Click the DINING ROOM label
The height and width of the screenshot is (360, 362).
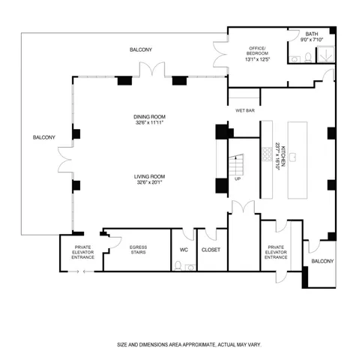click(150, 116)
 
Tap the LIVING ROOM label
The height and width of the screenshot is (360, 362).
click(150, 175)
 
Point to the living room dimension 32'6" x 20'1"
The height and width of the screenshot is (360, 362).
click(150, 181)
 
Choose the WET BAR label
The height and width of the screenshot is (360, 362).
click(244, 110)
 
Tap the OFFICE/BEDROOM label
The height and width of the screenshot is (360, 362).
click(259, 51)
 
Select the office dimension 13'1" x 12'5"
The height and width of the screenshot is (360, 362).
click(259, 59)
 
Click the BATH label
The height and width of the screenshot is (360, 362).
click(312, 34)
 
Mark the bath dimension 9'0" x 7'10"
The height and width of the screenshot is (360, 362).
click(312, 40)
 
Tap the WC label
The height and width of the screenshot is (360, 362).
click(184, 249)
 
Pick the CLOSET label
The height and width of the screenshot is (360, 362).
click(211, 249)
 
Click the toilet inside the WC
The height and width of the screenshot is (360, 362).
click(177, 265)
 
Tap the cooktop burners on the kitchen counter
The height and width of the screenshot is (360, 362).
click(265, 153)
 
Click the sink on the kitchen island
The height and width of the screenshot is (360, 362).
click(297, 156)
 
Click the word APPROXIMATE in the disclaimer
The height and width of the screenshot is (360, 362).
click(196, 344)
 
